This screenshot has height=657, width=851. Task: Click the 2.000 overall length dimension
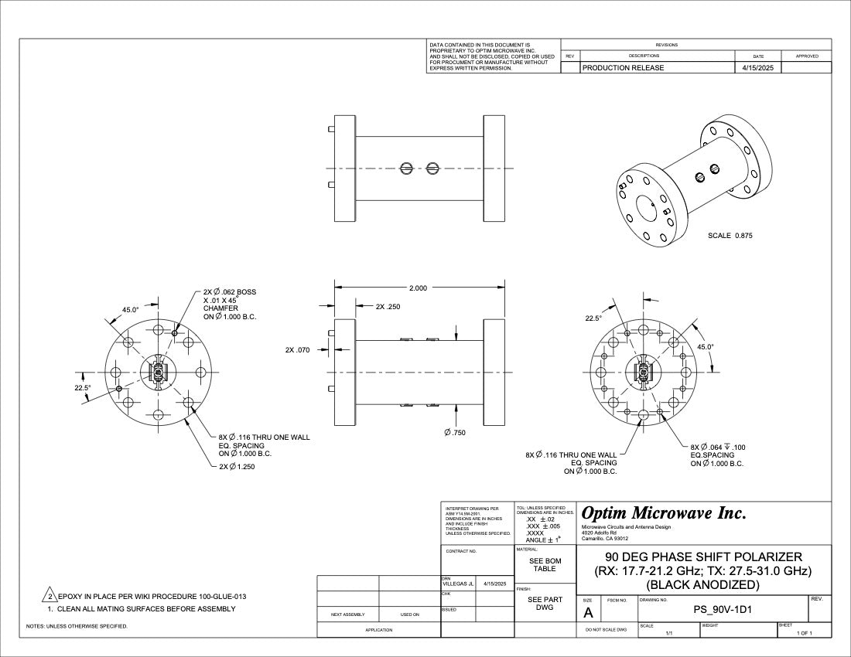(416, 288)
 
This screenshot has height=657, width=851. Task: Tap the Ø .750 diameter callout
(455, 432)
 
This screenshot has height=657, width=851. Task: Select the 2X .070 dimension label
(297, 350)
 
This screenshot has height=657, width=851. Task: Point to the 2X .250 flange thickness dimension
(388, 307)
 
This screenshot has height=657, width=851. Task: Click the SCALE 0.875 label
(730, 236)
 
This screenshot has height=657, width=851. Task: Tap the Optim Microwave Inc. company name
(663, 513)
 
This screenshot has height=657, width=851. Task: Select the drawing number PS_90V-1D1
(723, 610)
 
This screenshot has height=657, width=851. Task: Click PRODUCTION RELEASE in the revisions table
(623, 68)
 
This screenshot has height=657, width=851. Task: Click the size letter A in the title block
(588, 613)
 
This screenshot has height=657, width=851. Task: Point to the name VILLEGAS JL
(458, 584)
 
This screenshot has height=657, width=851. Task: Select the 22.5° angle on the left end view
(83, 388)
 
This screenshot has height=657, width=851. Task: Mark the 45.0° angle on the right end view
(706, 347)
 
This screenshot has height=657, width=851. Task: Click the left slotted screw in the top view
(408, 168)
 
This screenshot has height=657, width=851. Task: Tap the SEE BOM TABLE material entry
(545, 565)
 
